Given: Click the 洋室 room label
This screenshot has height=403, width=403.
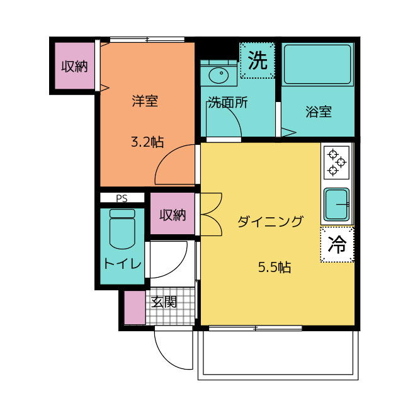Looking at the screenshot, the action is pos(145,101).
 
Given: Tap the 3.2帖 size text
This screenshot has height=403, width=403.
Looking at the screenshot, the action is pos(147,142).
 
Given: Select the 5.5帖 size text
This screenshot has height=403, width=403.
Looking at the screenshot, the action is pos(275,267).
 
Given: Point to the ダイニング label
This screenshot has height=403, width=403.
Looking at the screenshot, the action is pos(270,221).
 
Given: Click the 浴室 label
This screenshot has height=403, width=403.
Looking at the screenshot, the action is pos(319,111).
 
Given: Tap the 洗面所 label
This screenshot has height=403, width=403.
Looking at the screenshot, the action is pos(228,102).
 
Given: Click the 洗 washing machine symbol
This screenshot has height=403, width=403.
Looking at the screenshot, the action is pos(258,60).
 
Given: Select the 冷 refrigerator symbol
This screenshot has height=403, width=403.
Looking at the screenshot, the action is pos(338,244).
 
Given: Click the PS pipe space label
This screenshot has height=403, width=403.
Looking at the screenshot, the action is pos(122,198).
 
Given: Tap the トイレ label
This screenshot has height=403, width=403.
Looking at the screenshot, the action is pos(123,263).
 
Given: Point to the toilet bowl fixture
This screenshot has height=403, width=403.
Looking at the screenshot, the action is pos(122,229).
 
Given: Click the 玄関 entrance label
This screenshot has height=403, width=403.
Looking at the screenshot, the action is pos(164,302).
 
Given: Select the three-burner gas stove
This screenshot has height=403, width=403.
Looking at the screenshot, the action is pos(336,162).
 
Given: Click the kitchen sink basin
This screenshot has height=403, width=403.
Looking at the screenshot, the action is pos(336,205).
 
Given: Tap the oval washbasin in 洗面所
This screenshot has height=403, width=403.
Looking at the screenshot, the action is pos(219,76).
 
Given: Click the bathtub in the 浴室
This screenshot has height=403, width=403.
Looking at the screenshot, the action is pos(317,64).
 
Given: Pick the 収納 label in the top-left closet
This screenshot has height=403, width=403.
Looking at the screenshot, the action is pos(74,67).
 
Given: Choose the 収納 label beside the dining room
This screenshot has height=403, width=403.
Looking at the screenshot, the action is pos(173,215).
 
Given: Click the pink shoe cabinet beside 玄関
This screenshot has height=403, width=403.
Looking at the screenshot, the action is pos(135,307).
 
